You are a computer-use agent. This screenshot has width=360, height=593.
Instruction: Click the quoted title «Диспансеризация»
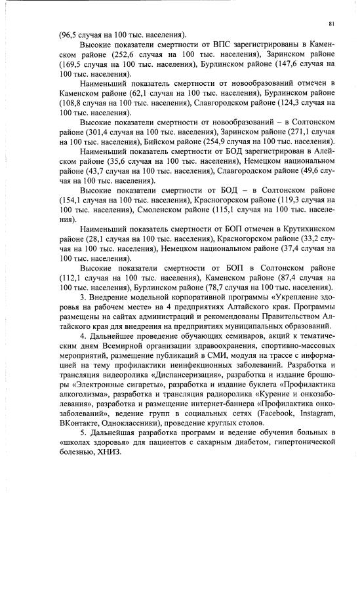coord(192,375)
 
